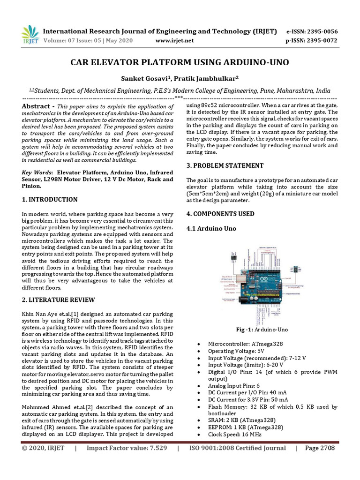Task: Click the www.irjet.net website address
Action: [x=174, y=41]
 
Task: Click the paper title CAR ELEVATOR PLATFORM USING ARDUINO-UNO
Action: [x=180, y=62]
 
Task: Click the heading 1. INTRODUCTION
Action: [x=50, y=200]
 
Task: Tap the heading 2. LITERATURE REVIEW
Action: [x=59, y=300]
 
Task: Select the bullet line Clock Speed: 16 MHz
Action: [x=236, y=434]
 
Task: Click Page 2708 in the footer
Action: [x=321, y=448]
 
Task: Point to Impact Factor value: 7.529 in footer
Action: [x=127, y=448]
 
